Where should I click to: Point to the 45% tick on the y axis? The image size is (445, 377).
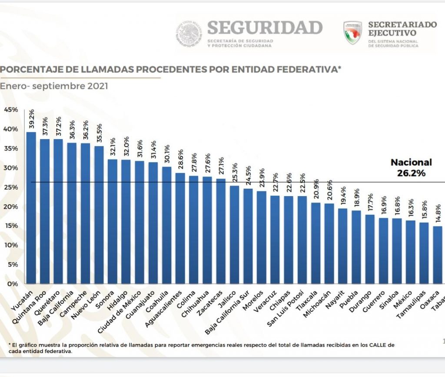(x=11, y=110)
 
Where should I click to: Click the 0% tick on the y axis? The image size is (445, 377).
(x=13, y=284)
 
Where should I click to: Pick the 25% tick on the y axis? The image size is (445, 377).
(x=11, y=187)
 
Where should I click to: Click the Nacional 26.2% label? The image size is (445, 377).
(x=411, y=167)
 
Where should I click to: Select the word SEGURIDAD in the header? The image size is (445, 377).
(x=265, y=27)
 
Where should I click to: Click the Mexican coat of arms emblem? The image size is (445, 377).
(x=189, y=33)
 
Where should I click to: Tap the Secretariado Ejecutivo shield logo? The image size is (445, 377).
(x=352, y=33)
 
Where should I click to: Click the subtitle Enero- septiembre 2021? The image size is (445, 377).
(x=54, y=86)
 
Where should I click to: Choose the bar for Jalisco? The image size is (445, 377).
(x=234, y=234)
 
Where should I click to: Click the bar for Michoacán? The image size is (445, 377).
(x=329, y=244)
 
